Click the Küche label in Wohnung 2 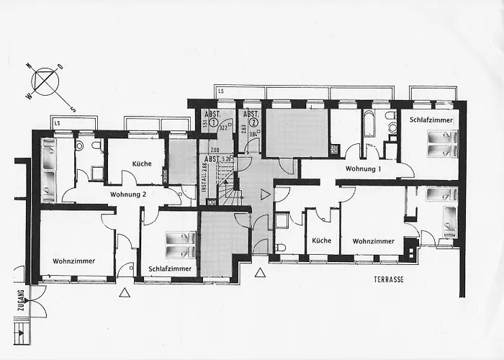(x=142, y=163)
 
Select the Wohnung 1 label (x=363, y=168)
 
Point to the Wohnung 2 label (x=129, y=194)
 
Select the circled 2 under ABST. (x=252, y=123)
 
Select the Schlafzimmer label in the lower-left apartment (x=170, y=269)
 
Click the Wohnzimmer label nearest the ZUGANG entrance (x=73, y=261)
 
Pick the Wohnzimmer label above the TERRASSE (x=374, y=241)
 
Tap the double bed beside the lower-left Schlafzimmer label (x=181, y=244)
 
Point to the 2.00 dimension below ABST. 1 (x=215, y=150)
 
